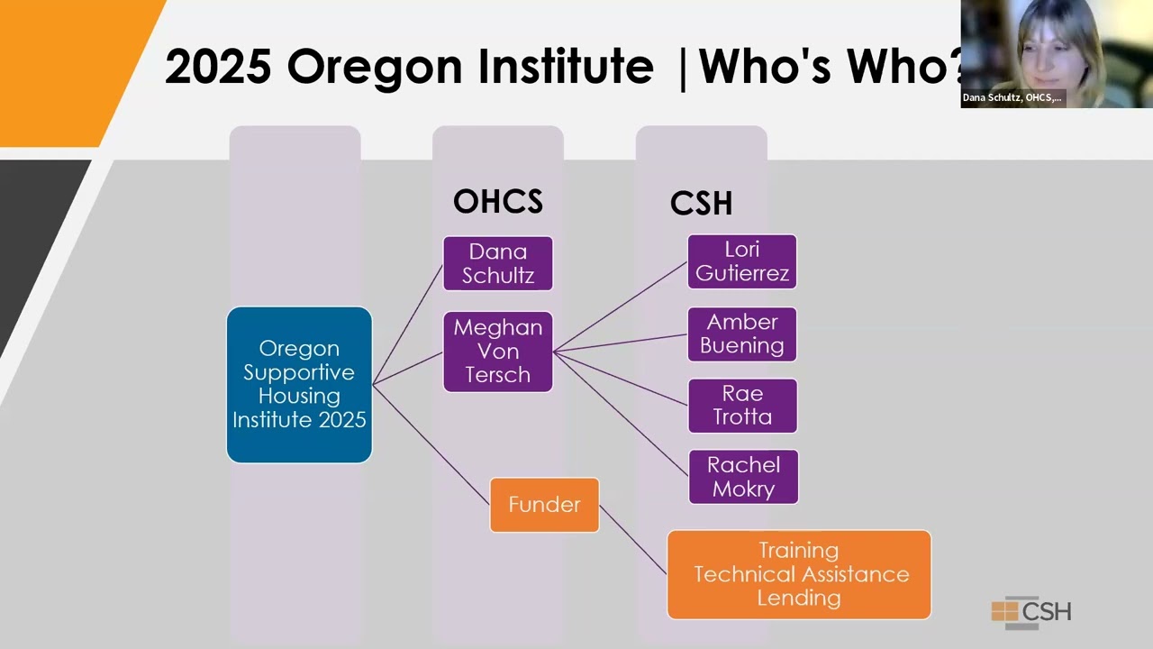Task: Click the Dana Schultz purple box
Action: click(x=497, y=263)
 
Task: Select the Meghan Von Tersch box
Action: click(x=497, y=352)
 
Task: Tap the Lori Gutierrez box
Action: click(x=741, y=261)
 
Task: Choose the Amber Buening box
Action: click(x=741, y=334)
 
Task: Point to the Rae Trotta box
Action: click(x=742, y=406)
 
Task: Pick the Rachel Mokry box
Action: click(x=743, y=477)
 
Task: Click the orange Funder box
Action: click(x=544, y=505)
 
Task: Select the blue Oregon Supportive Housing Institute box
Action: click(x=299, y=385)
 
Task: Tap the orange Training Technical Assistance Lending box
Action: click(x=799, y=574)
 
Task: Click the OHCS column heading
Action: click(x=497, y=202)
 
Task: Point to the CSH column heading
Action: click(x=701, y=204)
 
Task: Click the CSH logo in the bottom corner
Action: click(x=1031, y=612)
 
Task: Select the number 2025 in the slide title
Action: click(x=218, y=66)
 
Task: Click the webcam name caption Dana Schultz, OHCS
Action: click(x=1012, y=97)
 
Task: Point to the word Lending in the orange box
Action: click(x=799, y=598)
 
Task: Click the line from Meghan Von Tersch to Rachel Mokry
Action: click(x=622, y=414)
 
